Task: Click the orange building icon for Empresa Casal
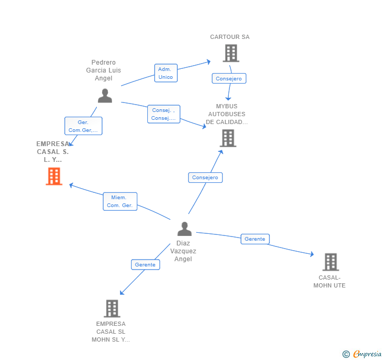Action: [x=54, y=177]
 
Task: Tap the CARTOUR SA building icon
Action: [x=230, y=53]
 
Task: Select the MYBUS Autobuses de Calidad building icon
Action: [x=227, y=138]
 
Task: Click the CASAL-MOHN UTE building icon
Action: [x=330, y=262]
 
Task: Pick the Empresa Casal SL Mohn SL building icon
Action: [x=112, y=308]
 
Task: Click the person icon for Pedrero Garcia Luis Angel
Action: [x=105, y=96]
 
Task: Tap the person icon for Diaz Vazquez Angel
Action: [x=184, y=229]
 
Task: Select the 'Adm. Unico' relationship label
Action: [x=166, y=73]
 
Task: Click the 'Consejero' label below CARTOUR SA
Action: [x=229, y=79]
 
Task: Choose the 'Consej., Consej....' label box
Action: [x=164, y=114]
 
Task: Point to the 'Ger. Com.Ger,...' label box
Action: [x=83, y=126]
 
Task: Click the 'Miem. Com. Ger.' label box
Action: [x=120, y=201]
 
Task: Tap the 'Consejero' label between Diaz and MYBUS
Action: [x=205, y=178]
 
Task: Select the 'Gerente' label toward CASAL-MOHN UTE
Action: [x=255, y=239]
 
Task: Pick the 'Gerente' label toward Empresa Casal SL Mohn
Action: [x=145, y=265]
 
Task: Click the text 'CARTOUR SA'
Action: [x=230, y=37]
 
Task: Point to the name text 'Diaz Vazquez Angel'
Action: [x=183, y=251]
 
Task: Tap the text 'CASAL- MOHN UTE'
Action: [x=329, y=282]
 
